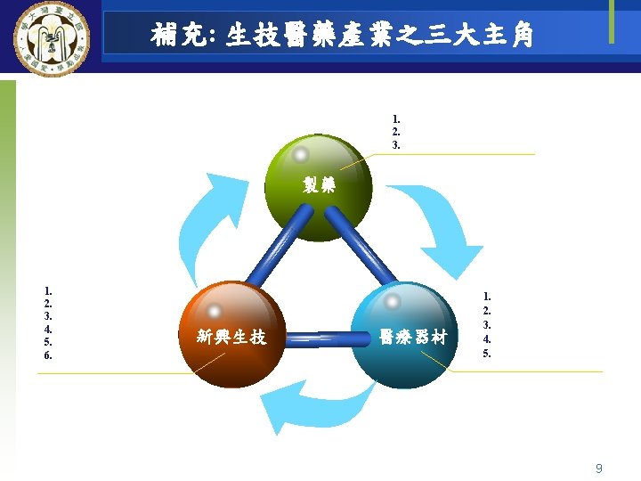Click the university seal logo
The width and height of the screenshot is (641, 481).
click(49, 40)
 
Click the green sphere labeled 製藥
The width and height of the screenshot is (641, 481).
click(318, 187)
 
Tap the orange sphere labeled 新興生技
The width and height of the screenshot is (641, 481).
click(231, 334)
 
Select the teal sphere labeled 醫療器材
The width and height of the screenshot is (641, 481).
click(405, 335)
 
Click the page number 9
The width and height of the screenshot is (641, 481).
click(599, 468)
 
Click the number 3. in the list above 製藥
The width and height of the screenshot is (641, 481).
click(396, 144)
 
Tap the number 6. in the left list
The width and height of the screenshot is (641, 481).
click(48, 355)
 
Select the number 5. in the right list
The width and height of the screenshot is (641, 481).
click(487, 354)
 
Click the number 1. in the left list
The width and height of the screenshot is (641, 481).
click(48, 289)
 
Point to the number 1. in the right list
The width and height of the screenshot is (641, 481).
click(487, 297)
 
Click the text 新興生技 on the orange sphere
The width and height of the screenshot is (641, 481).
click(231, 337)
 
